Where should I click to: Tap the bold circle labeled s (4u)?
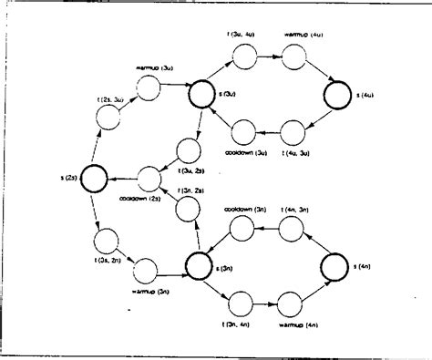pos(336,93)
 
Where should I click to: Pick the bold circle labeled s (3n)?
pos(200,265)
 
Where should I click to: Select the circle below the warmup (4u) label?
pos(293,57)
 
